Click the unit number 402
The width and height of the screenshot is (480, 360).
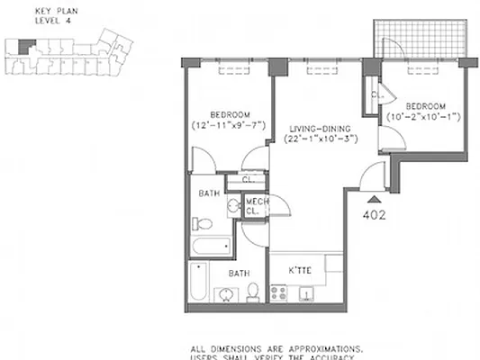pyautogui.click(x=374, y=215)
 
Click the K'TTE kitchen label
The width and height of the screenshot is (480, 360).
pyautogui.click(x=300, y=270)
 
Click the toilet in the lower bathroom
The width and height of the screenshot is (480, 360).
pyautogui.click(x=254, y=291)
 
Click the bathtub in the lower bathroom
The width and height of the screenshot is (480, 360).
pyautogui.click(x=197, y=281)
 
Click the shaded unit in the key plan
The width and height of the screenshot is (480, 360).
pyautogui.click(x=25, y=42)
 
